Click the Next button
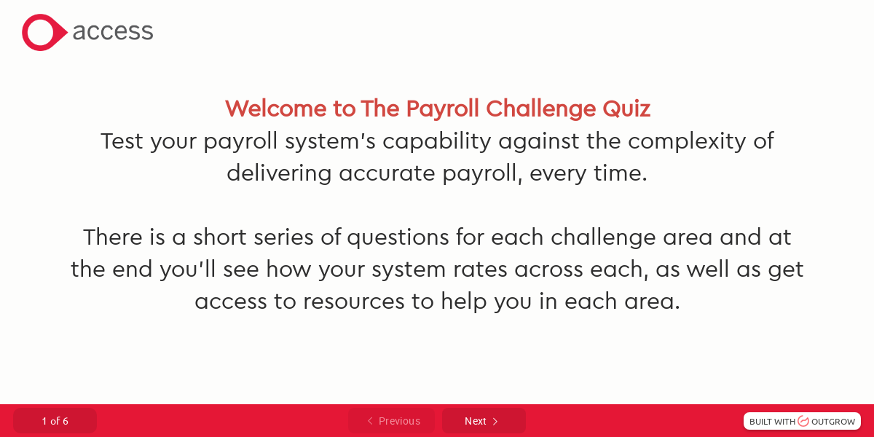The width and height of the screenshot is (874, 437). point(483,421)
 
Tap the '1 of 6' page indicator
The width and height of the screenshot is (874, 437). point(55,421)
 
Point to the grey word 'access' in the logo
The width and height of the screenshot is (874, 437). point(113,32)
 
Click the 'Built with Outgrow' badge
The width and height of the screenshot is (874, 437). point(802,421)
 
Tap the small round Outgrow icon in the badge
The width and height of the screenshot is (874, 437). point(803,421)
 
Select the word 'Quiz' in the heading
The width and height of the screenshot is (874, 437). point(626,109)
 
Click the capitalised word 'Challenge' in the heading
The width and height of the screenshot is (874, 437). point(541,109)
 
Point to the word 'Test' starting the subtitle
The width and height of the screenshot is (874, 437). point(122,141)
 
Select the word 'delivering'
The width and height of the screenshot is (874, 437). point(280,173)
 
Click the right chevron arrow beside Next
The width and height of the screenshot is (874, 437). point(495,421)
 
